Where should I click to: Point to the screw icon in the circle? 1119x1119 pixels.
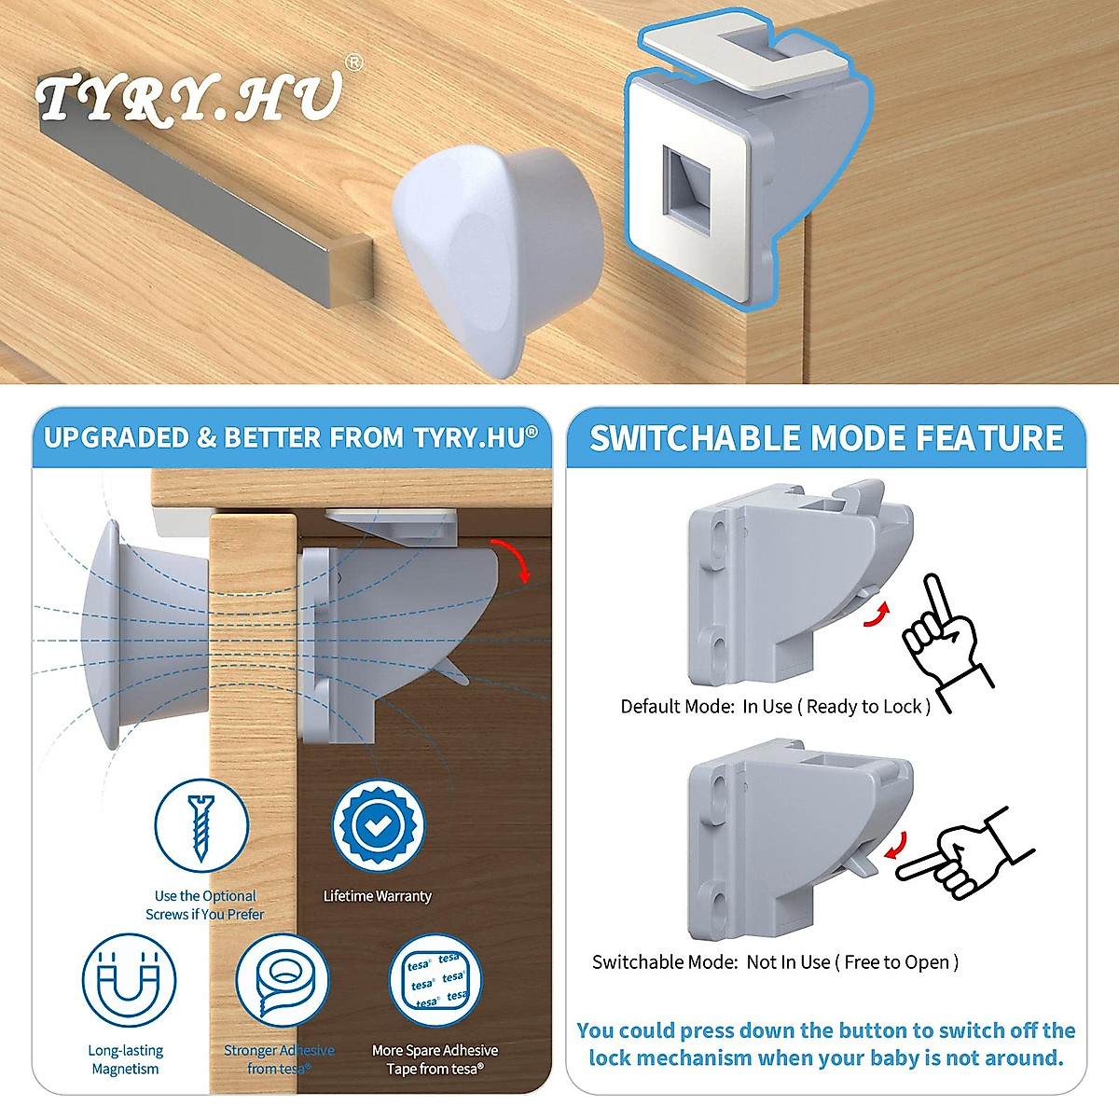pos(200,826)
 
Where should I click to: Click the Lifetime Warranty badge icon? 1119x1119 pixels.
pos(378,826)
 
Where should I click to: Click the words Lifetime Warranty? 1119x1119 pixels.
pos(378,896)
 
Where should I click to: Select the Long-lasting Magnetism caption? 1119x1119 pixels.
pos(126,1059)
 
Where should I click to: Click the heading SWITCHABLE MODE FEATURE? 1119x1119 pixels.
pos(826,438)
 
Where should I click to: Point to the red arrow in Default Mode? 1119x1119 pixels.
pos(874,615)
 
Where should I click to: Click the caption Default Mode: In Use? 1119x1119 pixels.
pos(775,707)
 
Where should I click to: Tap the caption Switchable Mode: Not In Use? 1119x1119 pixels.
pos(775,962)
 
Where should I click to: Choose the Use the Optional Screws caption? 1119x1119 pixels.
pos(205,905)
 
